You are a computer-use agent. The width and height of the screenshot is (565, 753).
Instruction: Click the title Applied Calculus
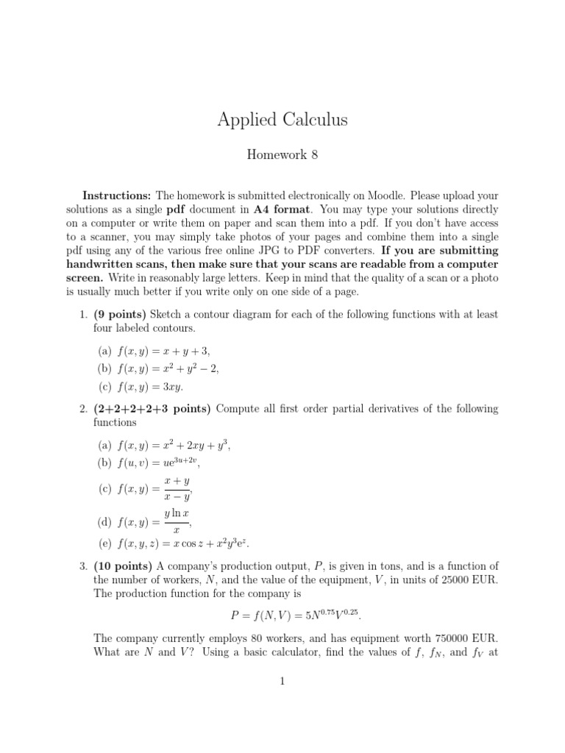pos(282,120)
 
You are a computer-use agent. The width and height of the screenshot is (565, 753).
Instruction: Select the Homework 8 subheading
pos(282,155)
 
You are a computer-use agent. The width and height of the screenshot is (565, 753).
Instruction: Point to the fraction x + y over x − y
pos(177,489)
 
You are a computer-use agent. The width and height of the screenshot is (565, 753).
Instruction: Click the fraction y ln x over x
pos(176,523)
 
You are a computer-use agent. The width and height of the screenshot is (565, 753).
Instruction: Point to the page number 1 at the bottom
pos(282,682)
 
